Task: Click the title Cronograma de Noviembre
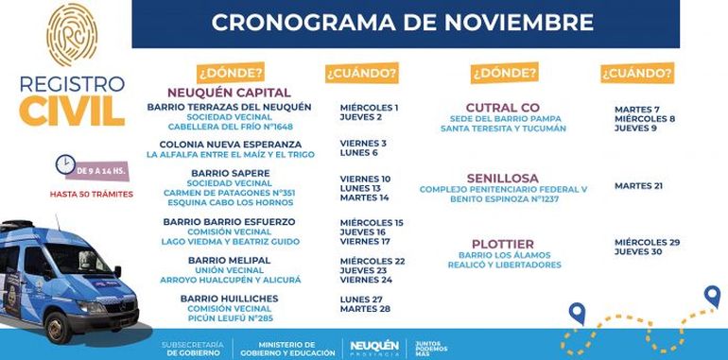(x=402, y=23)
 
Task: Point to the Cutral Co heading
(x=503, y=107)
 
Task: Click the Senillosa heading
(x=502, y=178)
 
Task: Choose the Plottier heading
(x=503, y=243)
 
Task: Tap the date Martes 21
(x=638, y=186)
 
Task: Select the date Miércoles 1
(x=369, y=107)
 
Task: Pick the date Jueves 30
(x=640, y=252)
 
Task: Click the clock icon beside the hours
(x=65, y=164)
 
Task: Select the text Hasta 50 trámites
(x=92, y=195)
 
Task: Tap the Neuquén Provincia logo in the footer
(x=374, y=347)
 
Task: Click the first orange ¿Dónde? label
(x=230, y=73)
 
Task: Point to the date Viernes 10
(x=365, y=178)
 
